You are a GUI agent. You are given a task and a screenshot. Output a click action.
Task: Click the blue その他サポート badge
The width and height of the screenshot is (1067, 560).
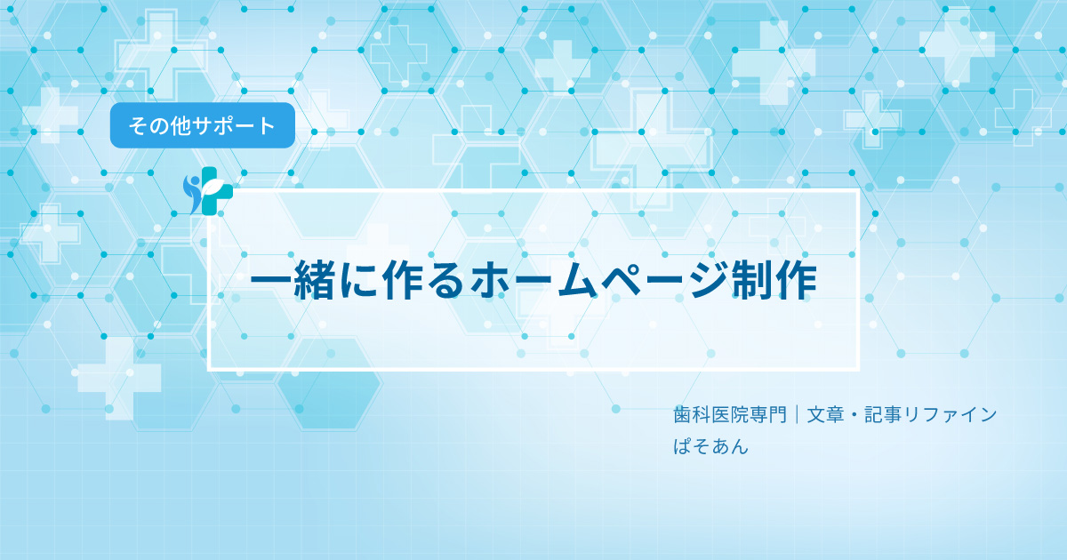[203, 125]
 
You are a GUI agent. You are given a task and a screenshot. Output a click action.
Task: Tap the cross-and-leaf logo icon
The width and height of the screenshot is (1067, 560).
[208, 190]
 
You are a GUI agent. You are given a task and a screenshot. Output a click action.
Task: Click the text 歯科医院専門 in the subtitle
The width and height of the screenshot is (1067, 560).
[730, 415]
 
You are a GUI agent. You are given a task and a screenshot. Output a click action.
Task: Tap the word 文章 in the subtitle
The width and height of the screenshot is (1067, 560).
[825, 415]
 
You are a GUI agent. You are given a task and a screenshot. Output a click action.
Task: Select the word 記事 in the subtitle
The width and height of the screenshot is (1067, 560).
[883, 415]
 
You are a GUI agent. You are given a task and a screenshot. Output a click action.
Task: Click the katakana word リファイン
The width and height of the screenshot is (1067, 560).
[951, 415]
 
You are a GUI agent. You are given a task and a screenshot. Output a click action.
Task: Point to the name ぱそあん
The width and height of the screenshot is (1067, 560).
[710, 446]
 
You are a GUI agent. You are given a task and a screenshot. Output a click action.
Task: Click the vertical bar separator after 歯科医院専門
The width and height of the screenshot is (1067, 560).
[797, 414]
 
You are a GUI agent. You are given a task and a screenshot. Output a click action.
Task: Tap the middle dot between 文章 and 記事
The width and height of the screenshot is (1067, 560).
[854, 415]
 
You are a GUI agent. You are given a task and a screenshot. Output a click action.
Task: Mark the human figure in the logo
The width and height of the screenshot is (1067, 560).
[193, 194]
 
